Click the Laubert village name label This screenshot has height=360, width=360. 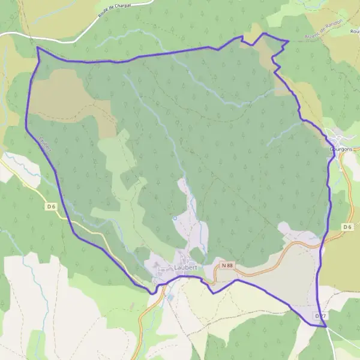pos(187,268)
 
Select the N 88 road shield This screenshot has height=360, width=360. pos(227,265)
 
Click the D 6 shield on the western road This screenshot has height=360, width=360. pos(51,207)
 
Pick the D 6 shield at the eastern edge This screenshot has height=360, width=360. pos(348,226)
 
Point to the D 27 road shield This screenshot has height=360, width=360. pos(320,316)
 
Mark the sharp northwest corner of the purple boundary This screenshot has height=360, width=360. pos(37,47)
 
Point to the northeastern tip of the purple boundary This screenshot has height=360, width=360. pos(289,41)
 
